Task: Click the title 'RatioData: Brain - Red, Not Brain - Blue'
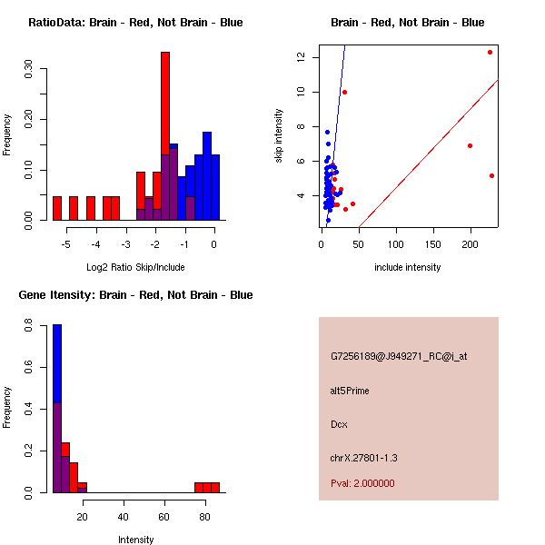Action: [135, 23]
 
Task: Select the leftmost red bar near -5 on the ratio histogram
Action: [56, 208]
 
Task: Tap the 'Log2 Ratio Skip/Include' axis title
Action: [135, 267]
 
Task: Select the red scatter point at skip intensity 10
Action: [344, 92]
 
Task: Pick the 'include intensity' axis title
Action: [408, 267]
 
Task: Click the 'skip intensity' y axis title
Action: [279, 136]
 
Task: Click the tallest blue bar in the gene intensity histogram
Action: [56, 363]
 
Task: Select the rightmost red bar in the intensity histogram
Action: [215, 487]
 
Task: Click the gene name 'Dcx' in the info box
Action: [340, 424]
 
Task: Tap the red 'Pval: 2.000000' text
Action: [362, 483]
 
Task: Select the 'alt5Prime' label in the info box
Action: [350, 391]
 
